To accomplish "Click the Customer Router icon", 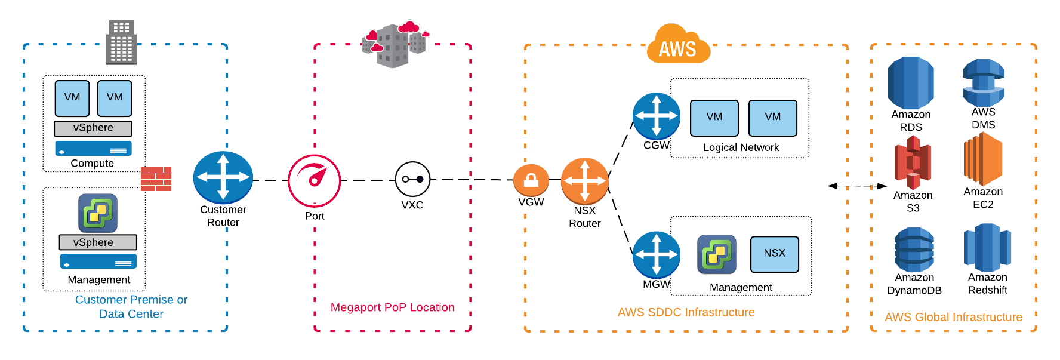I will click(223, 177).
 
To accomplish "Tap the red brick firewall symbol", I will click(156, 179).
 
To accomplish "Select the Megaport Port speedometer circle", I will click(315, 181).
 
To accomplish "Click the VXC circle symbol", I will click(412, 179).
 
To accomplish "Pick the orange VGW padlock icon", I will click(531, 180).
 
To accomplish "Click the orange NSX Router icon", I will click(585, 181).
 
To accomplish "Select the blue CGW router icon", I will click(656, 116).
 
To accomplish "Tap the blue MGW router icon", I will click(656, 255).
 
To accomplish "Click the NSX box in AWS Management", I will click(774, 254).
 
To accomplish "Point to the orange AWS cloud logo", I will click(678, 45).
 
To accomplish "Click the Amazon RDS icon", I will click(911, 83).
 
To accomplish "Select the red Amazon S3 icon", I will click(913, 163).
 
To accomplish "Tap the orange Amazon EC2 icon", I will click(983, 159).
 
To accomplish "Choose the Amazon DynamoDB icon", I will click(914, 250).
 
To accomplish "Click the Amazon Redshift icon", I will click(987, 248).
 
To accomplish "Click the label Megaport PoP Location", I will click(392, 307).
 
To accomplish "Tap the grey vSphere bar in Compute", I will click(93, 128).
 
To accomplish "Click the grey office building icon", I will click(121, 42).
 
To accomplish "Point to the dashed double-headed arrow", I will click(857, 186).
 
